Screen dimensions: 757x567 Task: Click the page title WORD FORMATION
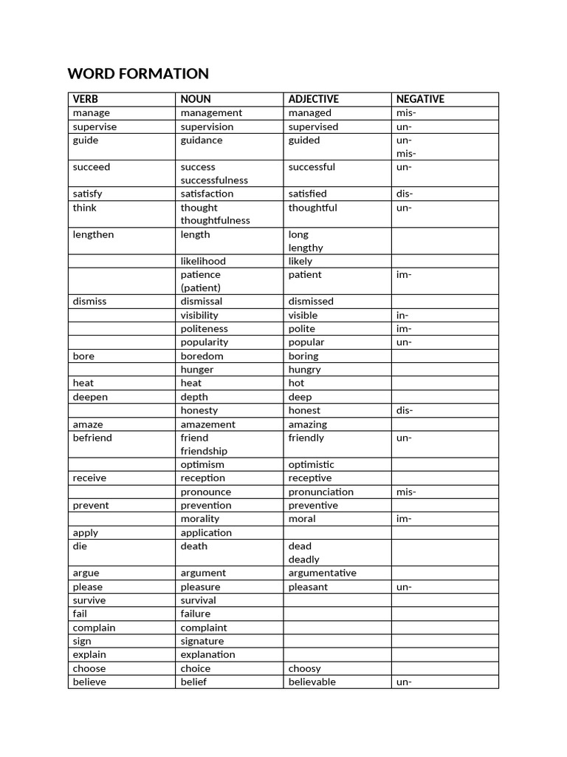click(x=138, y=74)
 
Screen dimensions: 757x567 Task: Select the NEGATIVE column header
click(x=420, y=99)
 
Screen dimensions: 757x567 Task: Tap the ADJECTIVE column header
click(x=314, y=99)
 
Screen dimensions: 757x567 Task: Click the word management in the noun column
click(x=211, y=113)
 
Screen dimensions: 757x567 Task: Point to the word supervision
click(x=207, y=126)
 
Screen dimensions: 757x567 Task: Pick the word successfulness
click(x=214, y=180)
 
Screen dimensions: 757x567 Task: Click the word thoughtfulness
click(x=215, y=220)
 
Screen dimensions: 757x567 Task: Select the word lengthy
click(x=306, y=248)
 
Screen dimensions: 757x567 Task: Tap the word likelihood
click(x=203, y=261)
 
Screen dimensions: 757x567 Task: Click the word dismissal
click(x=202, y=302)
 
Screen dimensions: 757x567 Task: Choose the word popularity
click(x=205, y=342)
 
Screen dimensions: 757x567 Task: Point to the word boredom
click(x=202, y=356)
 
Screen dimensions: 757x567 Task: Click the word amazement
click(x=207, y=424)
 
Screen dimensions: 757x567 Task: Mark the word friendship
click(x=204, y=451)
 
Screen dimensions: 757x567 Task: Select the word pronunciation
click(x=320, y=492)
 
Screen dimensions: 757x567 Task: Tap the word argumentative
click(x=322, y=573)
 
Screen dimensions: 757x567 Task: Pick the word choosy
click(x=304, y=668)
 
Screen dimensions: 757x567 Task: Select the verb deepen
click(x=90, y=397)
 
